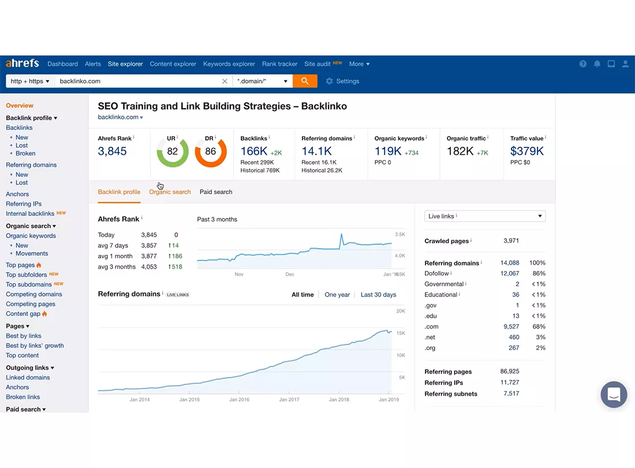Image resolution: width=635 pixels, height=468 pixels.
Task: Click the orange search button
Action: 305,81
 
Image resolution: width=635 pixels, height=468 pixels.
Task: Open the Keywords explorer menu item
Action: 229,64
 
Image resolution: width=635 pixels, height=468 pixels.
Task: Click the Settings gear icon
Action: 329,81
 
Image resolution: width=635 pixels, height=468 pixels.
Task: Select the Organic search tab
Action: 170,192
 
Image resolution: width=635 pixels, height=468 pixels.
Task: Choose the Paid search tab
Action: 216,192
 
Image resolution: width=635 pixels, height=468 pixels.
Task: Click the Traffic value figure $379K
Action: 526,151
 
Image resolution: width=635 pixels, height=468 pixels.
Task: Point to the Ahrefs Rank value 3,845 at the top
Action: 112,151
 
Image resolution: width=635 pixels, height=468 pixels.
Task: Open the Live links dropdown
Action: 485,216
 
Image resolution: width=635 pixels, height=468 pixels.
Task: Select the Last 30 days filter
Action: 378,295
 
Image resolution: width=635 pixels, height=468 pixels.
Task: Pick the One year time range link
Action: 337,295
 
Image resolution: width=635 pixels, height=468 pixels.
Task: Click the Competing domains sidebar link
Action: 34,294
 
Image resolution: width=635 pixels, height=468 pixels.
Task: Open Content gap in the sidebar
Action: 23,314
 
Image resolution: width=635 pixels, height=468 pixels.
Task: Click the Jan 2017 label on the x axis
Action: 289,399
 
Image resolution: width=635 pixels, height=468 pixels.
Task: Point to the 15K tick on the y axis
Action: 401,333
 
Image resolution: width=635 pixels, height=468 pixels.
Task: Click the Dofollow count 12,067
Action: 510,273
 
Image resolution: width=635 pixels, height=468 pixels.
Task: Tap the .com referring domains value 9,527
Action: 511,326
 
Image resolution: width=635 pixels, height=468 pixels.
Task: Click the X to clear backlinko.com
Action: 225,81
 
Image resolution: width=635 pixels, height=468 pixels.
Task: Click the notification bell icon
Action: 597,64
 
